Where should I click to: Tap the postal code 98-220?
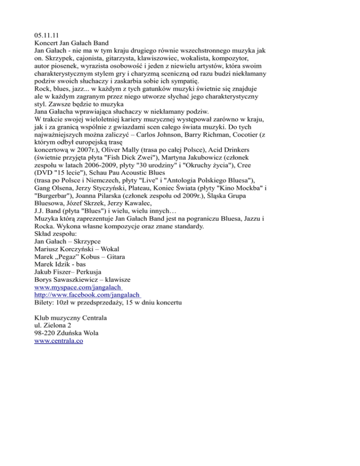click(x=47, y=333)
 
